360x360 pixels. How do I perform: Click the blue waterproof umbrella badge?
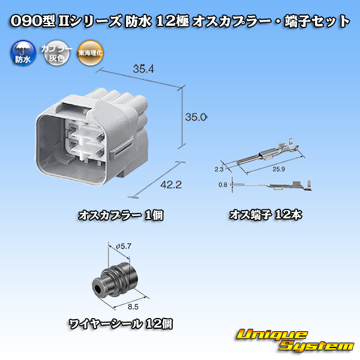23,53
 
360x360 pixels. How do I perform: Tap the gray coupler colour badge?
56,53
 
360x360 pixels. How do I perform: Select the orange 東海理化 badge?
90,53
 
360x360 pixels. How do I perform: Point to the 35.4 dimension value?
143,69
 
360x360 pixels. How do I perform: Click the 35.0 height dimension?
196,118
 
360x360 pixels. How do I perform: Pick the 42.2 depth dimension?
171,185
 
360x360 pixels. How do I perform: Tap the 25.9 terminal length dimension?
278,169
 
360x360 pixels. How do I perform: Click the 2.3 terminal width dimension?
219,169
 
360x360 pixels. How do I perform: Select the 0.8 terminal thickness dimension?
223,185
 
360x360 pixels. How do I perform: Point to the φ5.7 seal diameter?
124,247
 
